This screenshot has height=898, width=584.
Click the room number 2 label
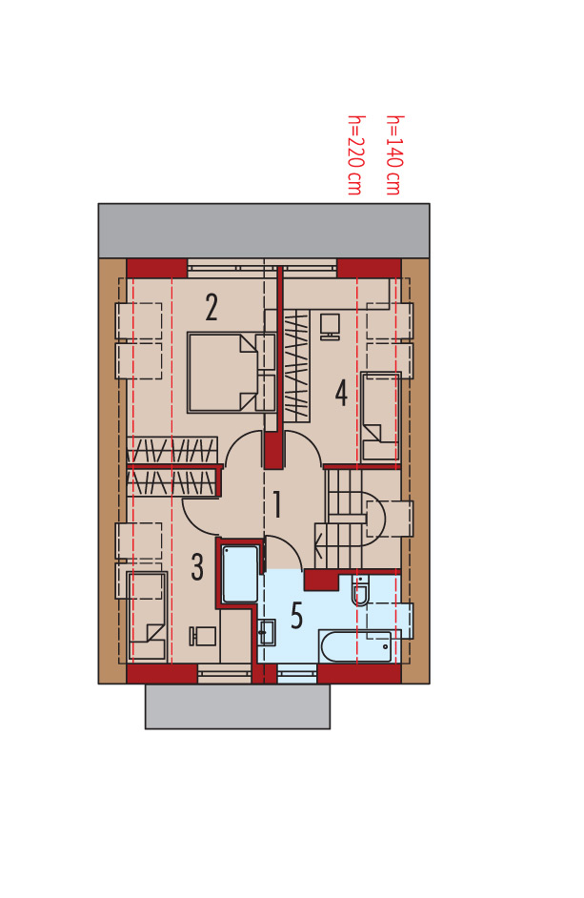coord(211,308)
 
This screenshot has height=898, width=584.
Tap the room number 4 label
coord(341,393)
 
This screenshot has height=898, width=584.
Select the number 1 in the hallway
coord(277,504)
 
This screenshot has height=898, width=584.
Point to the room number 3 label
coord(197,567)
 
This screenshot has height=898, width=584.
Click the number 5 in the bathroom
coord(296,616)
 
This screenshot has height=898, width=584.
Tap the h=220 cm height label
coord(355,155)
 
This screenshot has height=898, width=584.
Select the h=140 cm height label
coord(393,155)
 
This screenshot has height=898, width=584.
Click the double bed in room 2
coord(232,372)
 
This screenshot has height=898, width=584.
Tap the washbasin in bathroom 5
coord(267,633)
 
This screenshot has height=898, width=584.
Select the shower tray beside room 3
coord(240,574)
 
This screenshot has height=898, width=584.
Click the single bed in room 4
coord(380,417)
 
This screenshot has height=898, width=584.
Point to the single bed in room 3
coord(147,615)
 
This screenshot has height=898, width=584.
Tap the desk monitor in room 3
coord(203,637)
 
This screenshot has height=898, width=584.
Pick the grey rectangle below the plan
coord(237,706)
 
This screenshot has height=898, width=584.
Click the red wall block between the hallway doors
coord(273,450)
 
